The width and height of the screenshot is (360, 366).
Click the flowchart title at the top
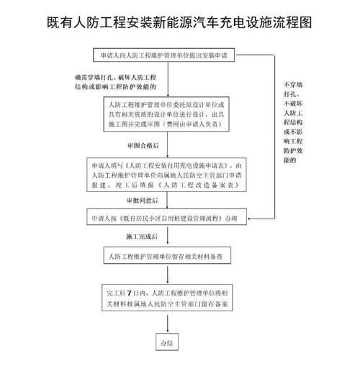pyautogui.click(x=179, y=22)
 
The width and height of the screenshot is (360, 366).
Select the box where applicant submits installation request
pyautogui.click(x=163, y=55)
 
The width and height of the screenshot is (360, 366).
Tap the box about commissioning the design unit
pyautogui.click(x=166, y=114)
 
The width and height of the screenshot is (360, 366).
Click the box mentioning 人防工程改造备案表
pyautogui.click(x=166, y=175)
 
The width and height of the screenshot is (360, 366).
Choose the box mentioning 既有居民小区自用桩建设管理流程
pyautogui.click(x=166, y=216)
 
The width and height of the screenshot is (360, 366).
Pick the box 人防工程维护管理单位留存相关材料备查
pyautogui.click(x=167, y=255)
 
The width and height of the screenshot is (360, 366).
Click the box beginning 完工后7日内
pyautogui.click(x=167, y=298)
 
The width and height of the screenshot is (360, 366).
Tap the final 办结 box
pyautogui.click(x=167, y=342)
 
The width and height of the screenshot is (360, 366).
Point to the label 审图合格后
pyautogui.click(x=143, y=145)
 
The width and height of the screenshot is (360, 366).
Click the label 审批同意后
pyautogui.click(x=143, y=201)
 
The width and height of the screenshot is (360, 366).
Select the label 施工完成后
pyautogui.click(x=142, y=237)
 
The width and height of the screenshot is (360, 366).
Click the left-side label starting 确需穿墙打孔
pyautogui.click(x=115, y=82)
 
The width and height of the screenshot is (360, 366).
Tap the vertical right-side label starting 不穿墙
pyautogui.click(x=293, y=122)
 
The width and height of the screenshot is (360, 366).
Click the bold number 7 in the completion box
pyautogui.click(x=130, y=293)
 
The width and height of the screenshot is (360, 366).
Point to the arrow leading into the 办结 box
pyautogui.click(x=168, y=324)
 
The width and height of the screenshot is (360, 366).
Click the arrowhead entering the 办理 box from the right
pyautogui.click(x=250, y=219)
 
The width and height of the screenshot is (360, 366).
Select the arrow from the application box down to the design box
pyautogui.click(x=168, y=79)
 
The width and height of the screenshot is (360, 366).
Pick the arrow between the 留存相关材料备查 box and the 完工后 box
pyautogui.click(x=168, y=275)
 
